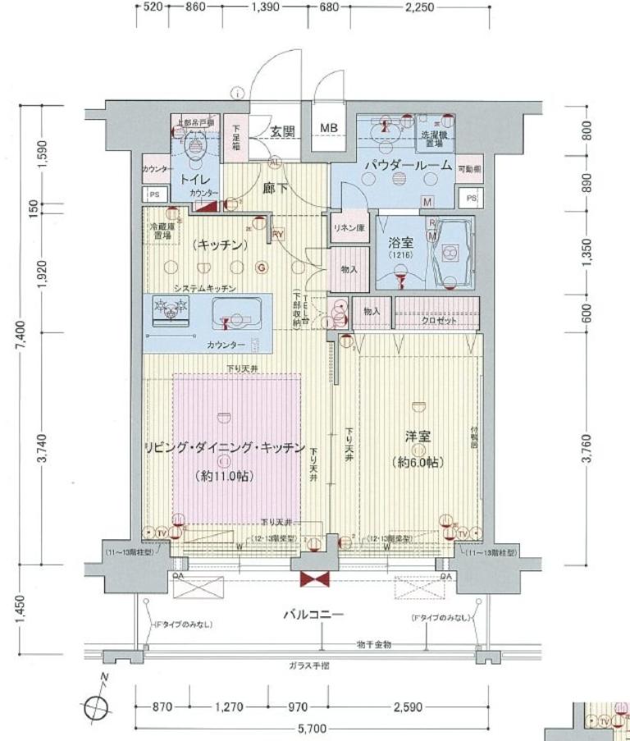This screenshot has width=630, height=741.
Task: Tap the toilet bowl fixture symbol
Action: (195, 146)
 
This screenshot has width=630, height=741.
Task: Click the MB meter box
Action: (329, 127)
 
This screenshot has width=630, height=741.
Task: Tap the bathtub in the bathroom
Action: (450, 253)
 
